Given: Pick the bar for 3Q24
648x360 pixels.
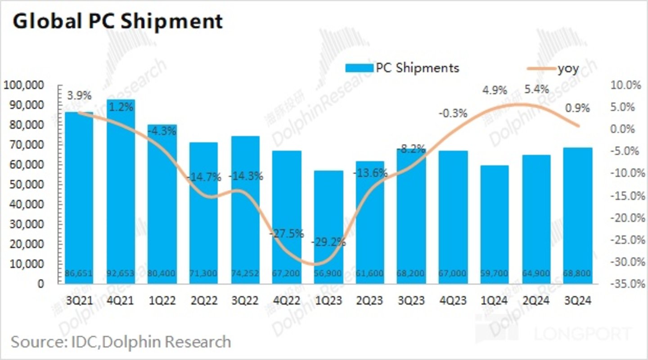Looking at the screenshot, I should coord(578,216).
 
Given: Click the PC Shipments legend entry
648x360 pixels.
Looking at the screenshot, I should coord(402,68).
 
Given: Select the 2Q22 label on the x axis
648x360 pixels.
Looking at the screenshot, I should coord(204,301).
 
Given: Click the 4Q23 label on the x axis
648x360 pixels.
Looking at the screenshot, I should coord(453,301).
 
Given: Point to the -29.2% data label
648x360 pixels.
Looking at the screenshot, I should coord(328,242).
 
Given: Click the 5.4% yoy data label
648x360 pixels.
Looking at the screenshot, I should coord(537,90).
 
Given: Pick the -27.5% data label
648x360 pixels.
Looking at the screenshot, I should coord(286,234).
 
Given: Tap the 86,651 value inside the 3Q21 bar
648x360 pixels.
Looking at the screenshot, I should coord(79,274).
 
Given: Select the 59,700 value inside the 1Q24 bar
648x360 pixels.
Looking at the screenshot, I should coord(495,274).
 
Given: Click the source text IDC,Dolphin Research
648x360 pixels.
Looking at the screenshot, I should coord(121,342).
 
